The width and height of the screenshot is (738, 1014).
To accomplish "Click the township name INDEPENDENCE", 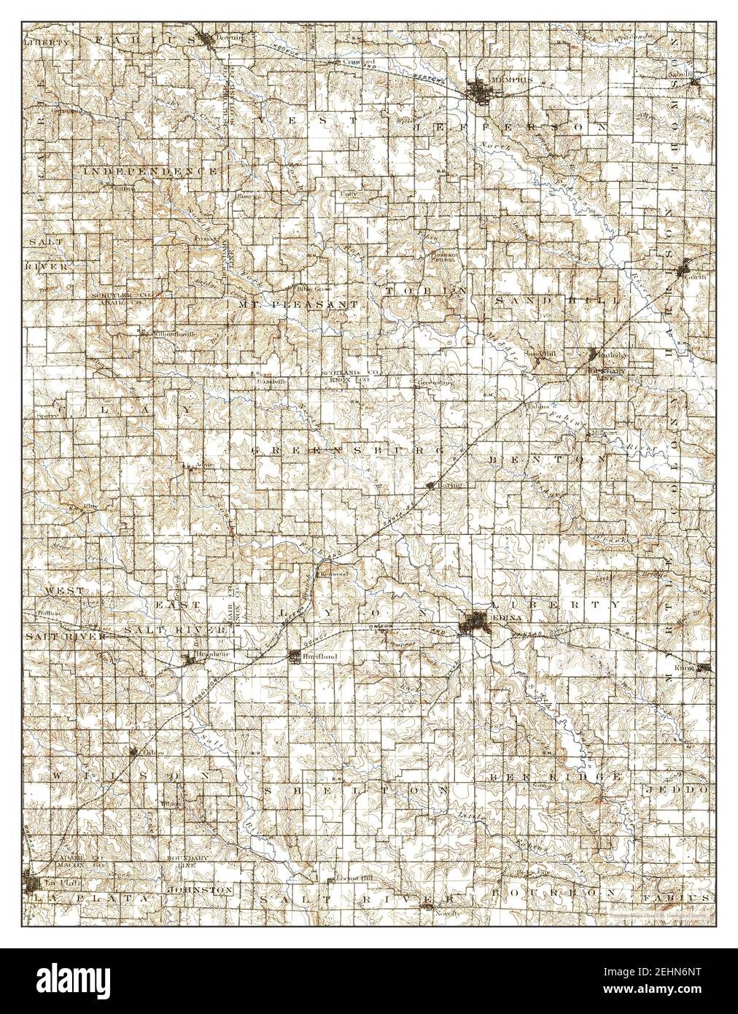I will pos(149,170).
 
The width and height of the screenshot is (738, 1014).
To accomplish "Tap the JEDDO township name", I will pos(675,790).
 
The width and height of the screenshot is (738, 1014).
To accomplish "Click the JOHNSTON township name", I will pos(200,891).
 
